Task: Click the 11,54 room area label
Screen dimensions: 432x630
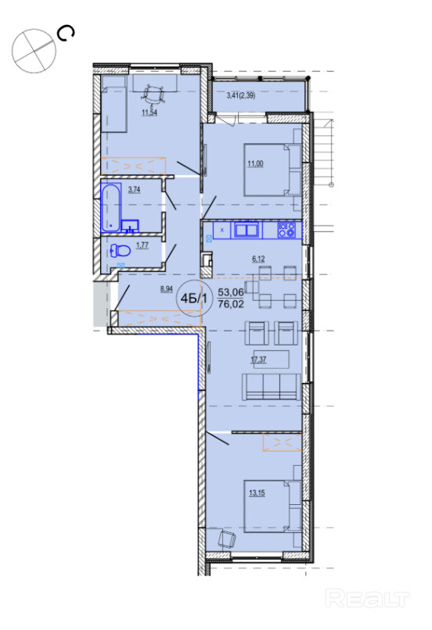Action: click(149, 113)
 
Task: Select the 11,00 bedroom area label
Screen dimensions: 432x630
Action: click(255, 163)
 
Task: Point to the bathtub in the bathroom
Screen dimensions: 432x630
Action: click(111, 207)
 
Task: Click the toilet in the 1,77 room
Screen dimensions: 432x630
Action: click(121, 251)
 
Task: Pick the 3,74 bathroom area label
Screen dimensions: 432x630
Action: click(134, 190)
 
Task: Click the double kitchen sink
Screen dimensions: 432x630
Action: click(247, 231)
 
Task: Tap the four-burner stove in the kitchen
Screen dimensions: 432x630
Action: click(286, 230)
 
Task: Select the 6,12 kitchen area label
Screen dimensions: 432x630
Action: click(258, 260)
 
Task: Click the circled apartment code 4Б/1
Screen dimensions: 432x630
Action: click(194, 298)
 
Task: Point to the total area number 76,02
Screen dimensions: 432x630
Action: click(231, 304)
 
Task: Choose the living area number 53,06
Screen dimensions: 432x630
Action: click(231, 292)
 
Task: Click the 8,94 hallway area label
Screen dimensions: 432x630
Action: click(167, 288)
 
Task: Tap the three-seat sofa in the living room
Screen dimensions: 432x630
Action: click(271, 386)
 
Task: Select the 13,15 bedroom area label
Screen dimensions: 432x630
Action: click(257, 492)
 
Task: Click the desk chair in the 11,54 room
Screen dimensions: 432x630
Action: click(153, 94)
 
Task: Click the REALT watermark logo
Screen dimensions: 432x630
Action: click(367, 598)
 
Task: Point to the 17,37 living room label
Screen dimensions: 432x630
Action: click(258, 360)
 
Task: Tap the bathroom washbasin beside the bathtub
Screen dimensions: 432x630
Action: click(130, 226)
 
